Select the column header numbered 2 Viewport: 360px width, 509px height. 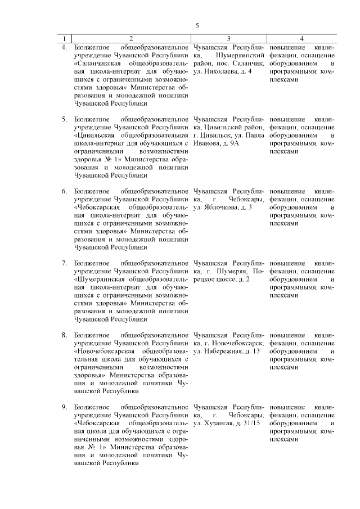coord(131,39)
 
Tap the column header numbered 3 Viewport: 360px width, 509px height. coord(228,39)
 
